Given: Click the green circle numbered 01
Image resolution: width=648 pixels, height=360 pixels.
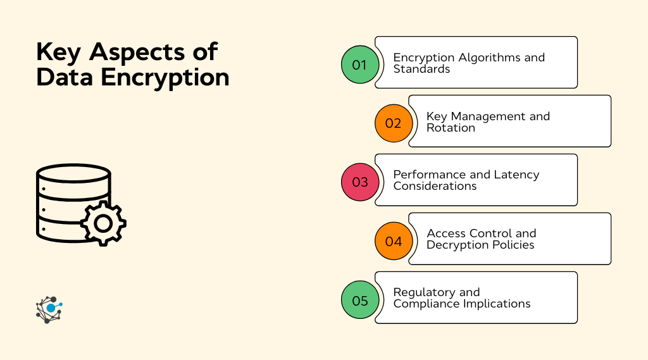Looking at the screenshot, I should [360, 65].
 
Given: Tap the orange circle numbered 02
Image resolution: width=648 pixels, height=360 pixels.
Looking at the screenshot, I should [394, 123].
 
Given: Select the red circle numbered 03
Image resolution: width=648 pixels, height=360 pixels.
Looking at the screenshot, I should [360, 182].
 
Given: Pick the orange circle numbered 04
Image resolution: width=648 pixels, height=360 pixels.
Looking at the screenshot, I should [394, 241].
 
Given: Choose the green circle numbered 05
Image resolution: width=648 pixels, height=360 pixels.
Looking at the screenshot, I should [360, 300].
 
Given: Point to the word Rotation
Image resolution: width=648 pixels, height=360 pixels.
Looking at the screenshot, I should [451, 128].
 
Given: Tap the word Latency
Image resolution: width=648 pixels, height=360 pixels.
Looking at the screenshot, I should [515, 175].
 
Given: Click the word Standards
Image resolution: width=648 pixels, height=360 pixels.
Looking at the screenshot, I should [421, 69].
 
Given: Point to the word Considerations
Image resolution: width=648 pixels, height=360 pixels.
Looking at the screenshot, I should [435, 186].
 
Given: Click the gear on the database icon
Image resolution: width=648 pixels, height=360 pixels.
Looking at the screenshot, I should [103, 223].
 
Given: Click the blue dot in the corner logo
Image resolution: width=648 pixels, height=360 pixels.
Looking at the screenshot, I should [51, 307].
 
